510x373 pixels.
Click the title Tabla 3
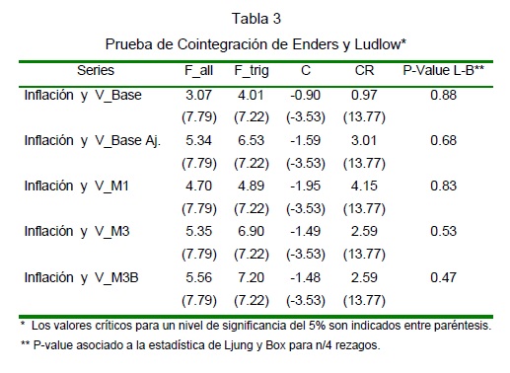(x=256, y=19)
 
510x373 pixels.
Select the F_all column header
(x=198, y=71)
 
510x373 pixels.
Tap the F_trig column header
(x=252, y=71)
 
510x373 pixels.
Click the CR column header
(x=364, y=70)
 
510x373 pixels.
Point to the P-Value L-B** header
(x=443, y=70)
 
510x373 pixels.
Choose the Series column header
(x=96, y=70)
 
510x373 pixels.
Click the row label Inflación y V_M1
(x=76, y=186)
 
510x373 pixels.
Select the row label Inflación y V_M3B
(x=81, y=277)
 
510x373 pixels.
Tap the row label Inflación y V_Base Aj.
(x=93, y=141)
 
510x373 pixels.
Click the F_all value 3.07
(x=198, y=95)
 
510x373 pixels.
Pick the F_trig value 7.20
(x=251, y=277)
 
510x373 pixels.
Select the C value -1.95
(x=305, y=186)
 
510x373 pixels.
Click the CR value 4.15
(x=364, y=186)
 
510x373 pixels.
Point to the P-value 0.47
(x=443, y=277)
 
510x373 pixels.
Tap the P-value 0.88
(x=443, y=95)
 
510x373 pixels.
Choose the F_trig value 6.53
(x=251, y=140)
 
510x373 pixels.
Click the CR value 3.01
(x=364, y=140)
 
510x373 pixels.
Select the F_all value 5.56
(x=198, y=277)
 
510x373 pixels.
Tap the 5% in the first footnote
(x=318, y=326)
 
